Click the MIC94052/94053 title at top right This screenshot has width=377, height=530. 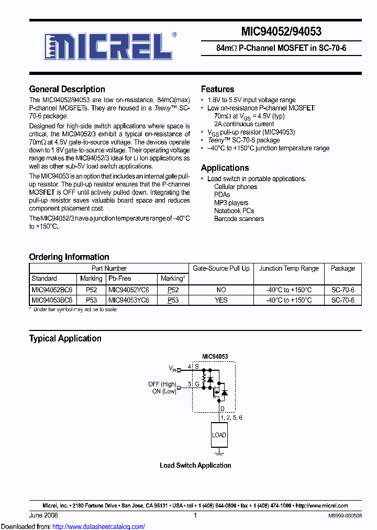[x=281, y=31]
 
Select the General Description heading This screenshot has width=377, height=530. [x=67, y=89]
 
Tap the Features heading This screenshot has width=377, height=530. [x=217, y=89]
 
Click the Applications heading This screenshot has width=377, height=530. [x=225, y=168]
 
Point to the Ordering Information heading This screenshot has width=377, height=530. [x=69, y=257]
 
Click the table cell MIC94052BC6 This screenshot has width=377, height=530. [x=52, y=290]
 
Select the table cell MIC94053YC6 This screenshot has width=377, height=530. [x=128, y=300]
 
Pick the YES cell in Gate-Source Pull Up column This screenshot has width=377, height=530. [x=221, y=300]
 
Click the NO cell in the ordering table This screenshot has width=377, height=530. [x=221, y=290]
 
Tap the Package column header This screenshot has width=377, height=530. [x=342, y=268]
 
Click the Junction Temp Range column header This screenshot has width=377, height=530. [x=289, y=268]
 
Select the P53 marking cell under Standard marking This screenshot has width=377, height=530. [x=91, y=300]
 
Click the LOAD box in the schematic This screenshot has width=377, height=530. [x=219, y=435]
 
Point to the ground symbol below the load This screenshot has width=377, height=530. [x=219, y=451]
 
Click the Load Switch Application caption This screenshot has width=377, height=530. [x=195, y=465]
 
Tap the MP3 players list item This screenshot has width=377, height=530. [x=231, y=203]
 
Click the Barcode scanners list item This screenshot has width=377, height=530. [x=239, y=218]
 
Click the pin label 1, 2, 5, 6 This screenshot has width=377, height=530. [x=231, y=417]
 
